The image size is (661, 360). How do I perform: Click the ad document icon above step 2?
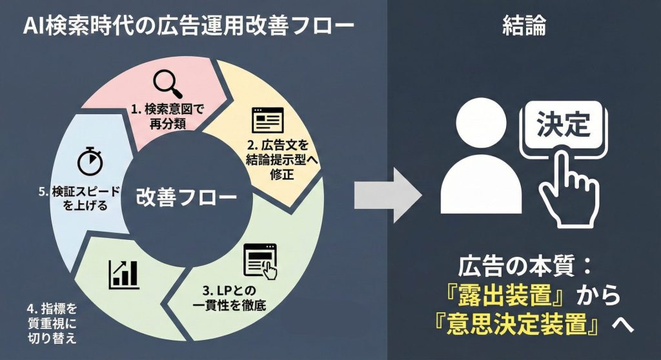[x=267, y=121]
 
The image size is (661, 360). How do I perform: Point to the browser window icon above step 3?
[x=259, y=261]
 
